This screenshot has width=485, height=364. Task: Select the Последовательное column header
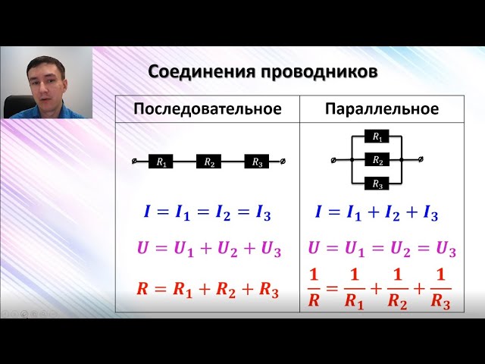click(x=208, y=109)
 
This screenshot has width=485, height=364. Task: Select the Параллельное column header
click(x=382, y=109)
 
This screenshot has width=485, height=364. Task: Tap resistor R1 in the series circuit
click(x=161, y=162)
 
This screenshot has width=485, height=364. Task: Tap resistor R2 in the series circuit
click(x=209, y=162)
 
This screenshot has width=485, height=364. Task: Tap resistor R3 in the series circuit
click(x=257, y=162)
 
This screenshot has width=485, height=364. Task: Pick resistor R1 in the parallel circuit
click(x=377, y=136)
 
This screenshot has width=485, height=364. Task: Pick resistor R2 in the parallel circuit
click(x=377, y=160)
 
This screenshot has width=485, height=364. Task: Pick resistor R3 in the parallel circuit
click(x=377, y=184)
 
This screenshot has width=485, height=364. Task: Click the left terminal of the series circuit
click(x=135, y=162)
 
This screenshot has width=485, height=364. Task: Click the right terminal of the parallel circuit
click(x=421, y=159)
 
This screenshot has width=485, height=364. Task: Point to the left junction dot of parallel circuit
click(x=352, y=160)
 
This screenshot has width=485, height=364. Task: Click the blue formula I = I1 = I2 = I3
click(x=207, y=213)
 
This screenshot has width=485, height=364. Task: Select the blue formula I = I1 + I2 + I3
click(x=377, y=213)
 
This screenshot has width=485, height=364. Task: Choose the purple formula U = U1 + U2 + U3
click(x=209, y=249)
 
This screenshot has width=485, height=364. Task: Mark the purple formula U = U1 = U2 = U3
click(x=382, y=249)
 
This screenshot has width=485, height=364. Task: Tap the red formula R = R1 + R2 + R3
click(x=208, y=290)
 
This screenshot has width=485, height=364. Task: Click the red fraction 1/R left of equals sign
click(x=314, y=288)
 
